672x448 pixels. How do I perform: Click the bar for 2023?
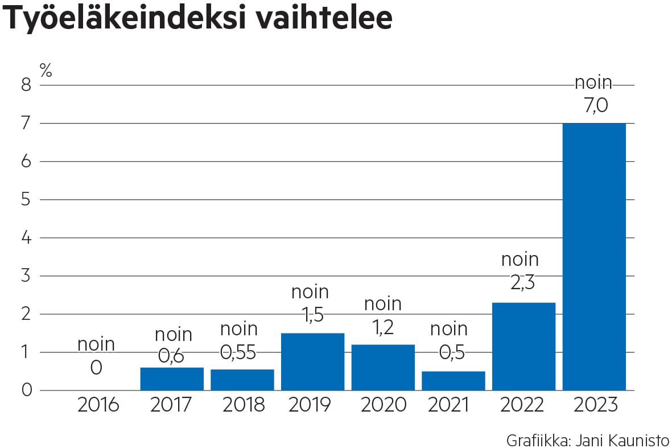(594, 256)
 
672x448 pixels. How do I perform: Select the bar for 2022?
(523, 346)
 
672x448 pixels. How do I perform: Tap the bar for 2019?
(312, 361)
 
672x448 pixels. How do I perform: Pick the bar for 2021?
(453, 380)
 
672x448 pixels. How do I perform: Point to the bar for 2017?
(172, 379)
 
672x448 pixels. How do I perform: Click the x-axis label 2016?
(98, 405)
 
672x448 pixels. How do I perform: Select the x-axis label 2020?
(383, 405)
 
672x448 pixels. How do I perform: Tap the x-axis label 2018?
(244, 405)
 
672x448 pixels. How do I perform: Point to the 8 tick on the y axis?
(26, 85)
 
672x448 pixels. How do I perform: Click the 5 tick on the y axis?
(26, 200)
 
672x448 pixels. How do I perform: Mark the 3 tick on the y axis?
(26, 276)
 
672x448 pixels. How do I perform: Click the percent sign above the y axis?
(46, 70)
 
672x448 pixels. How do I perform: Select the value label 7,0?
(593, 105)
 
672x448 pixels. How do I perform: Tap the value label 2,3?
(520, 283)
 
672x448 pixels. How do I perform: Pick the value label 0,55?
(238, 353)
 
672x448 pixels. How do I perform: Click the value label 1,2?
(382, 327)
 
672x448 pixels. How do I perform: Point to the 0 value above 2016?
(96, 368)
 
